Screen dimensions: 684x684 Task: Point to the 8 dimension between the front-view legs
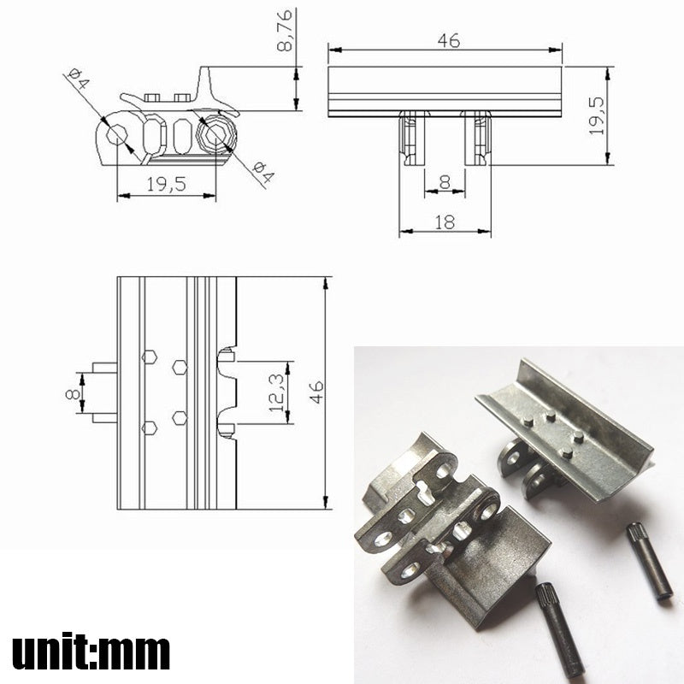445,182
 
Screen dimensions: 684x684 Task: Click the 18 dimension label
445,221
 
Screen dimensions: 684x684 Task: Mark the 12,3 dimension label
275,392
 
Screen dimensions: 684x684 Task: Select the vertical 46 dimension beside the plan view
315,392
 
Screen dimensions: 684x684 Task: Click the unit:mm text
91,652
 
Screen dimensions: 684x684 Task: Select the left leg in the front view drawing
412,139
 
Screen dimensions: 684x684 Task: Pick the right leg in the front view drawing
477,139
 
